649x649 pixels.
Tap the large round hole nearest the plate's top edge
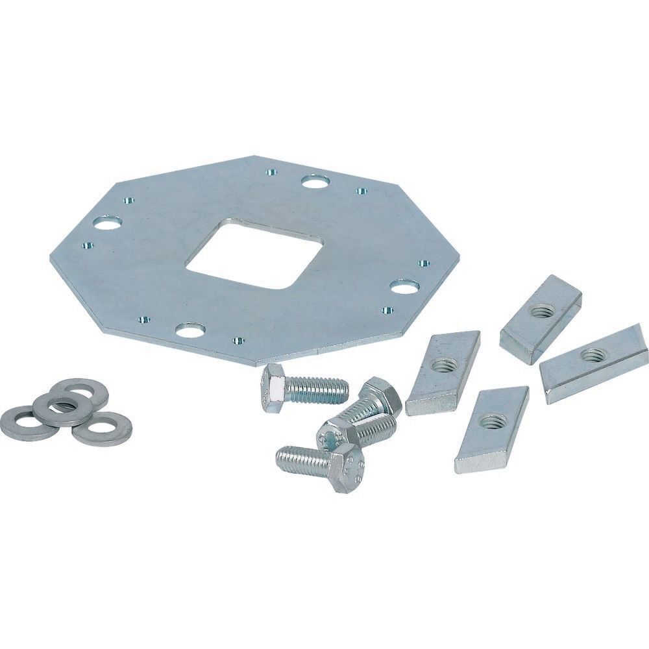coord(314,181)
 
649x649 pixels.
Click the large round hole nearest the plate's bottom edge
coord(190,331)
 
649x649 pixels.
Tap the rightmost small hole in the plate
coord(424,263)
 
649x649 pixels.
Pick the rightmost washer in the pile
coord(102,429)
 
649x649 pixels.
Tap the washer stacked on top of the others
coord(62,408)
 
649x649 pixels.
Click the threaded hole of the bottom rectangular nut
coord(490,423)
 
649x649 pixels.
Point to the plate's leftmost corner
coord(51,258)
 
